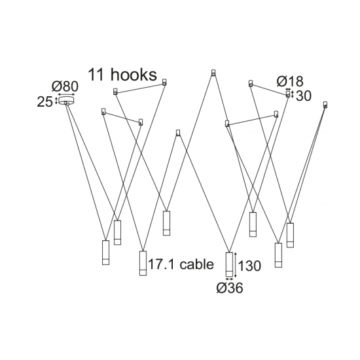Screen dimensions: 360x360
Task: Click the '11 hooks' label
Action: (122, 75)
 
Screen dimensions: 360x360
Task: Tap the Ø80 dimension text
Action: (65, 86)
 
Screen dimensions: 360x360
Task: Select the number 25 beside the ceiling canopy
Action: (45, 101)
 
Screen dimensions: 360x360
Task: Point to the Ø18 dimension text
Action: (290, 81)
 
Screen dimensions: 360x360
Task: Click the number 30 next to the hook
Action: (304, 96)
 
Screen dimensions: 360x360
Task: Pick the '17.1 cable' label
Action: (181, 264)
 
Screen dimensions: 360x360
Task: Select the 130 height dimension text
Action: (249, 266)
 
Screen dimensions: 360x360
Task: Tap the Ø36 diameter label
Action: (230, 288)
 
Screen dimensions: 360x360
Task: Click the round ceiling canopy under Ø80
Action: (67, 101)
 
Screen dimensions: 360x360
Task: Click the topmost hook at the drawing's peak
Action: (213, 73)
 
